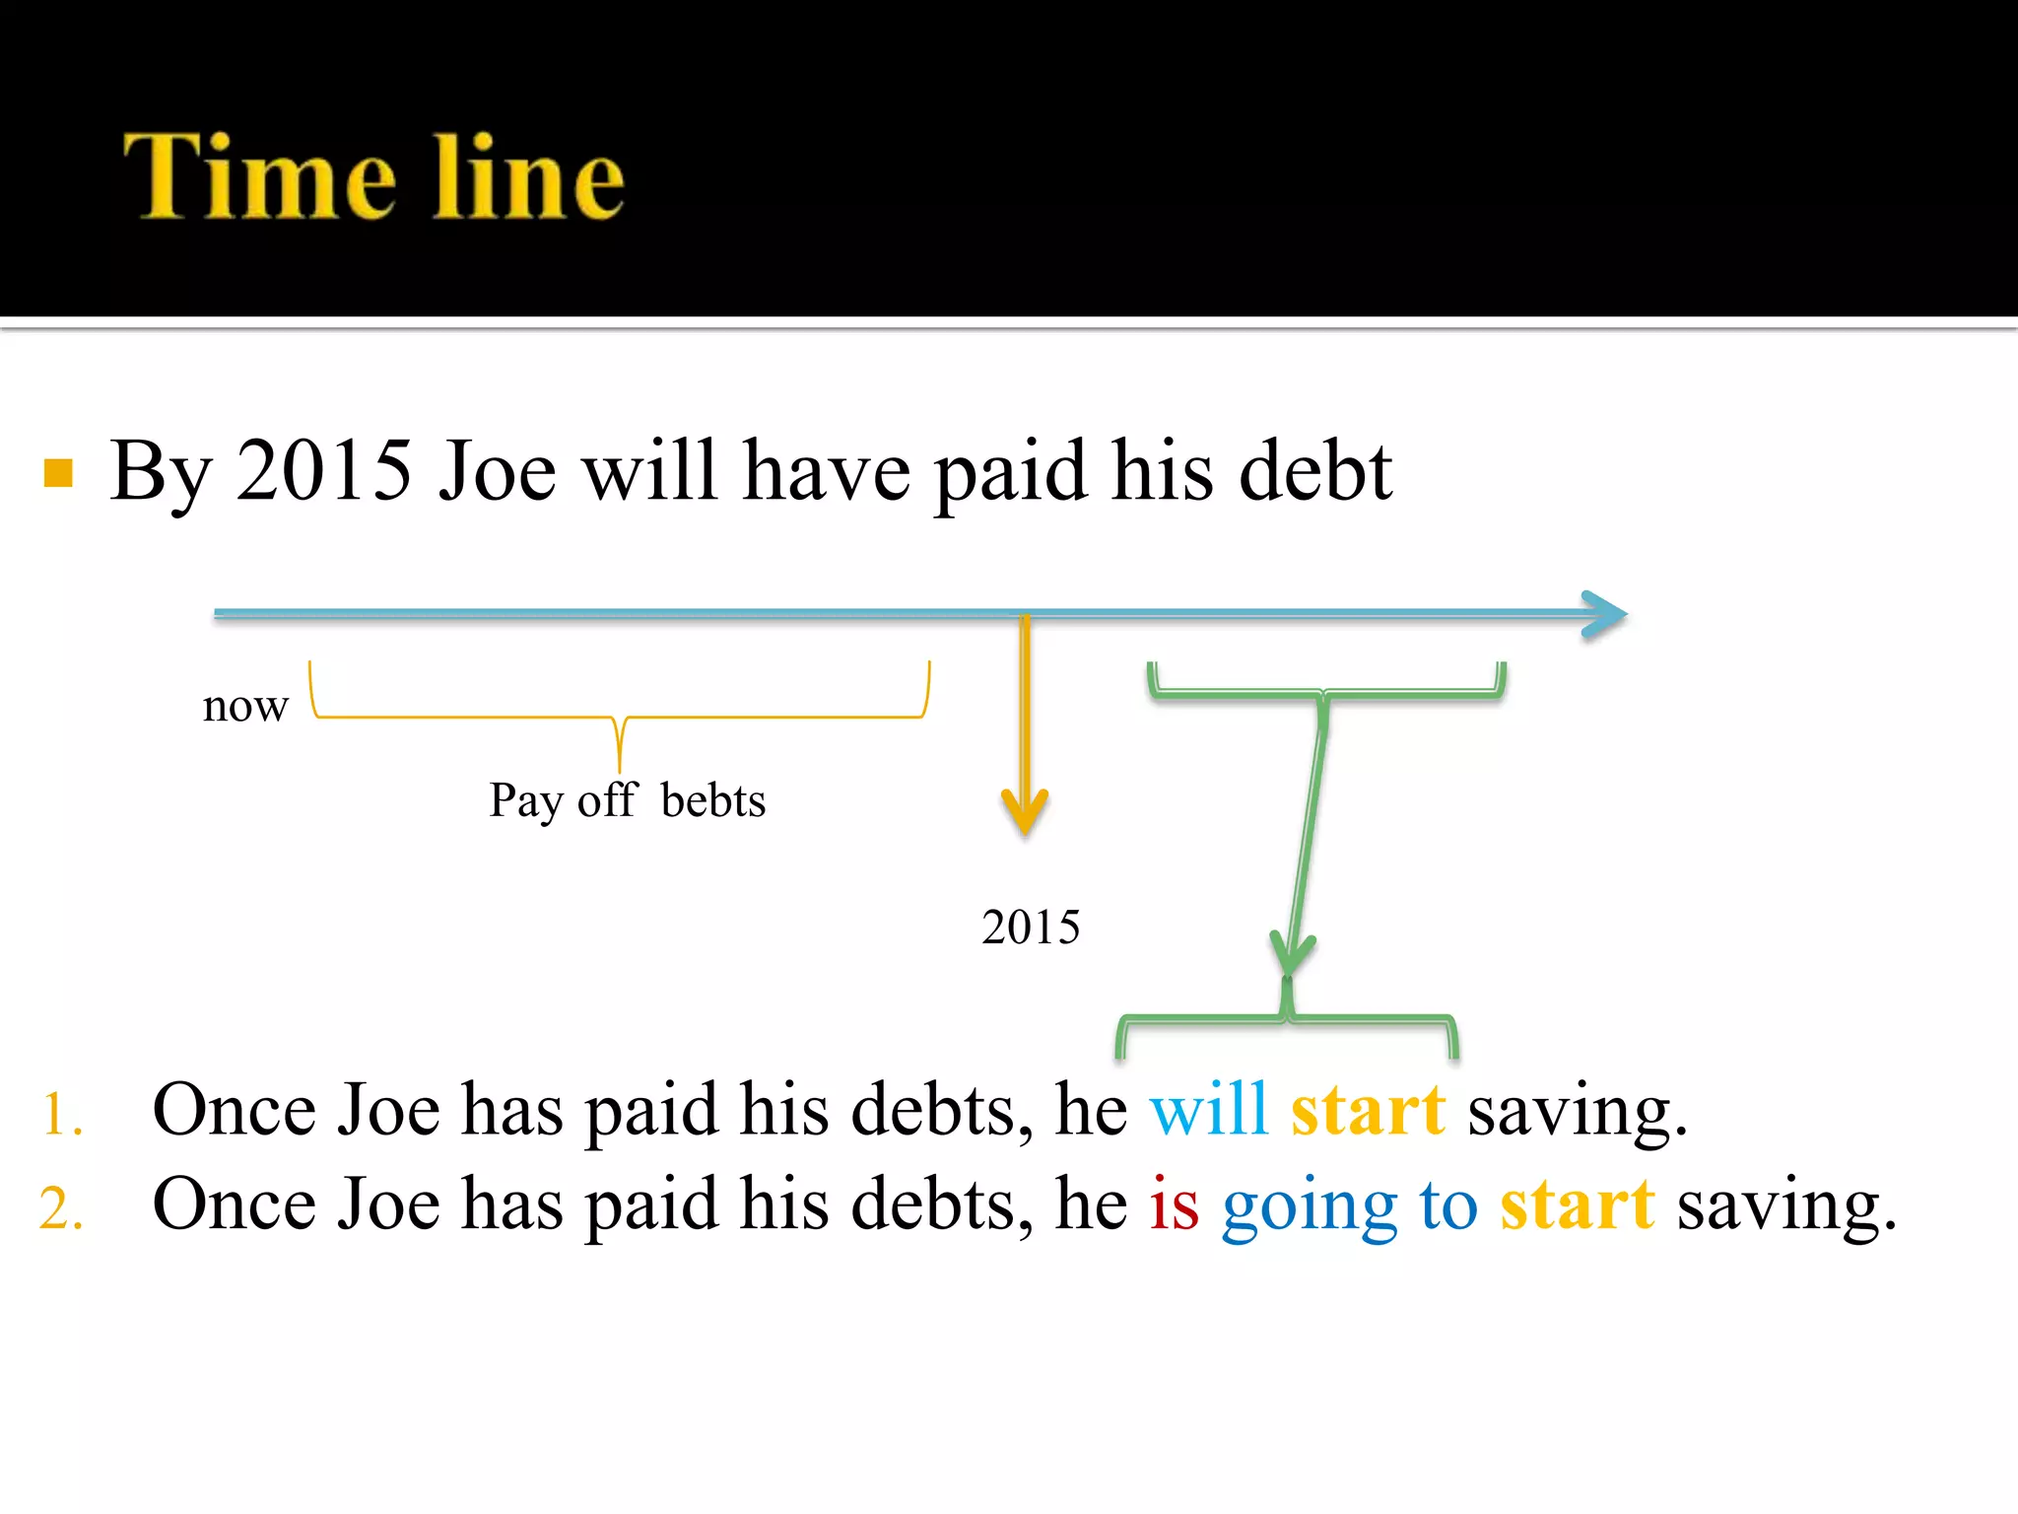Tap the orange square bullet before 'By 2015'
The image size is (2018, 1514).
coord(59,473)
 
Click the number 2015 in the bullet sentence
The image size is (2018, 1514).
coord(323,471)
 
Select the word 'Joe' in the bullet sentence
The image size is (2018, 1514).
coord(498,471)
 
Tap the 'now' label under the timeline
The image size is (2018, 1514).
coord(245,706)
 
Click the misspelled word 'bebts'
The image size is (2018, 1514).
coord(713,800)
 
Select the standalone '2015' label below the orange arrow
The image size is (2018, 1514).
coord(1031,928)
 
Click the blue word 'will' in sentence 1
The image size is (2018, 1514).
coord(1208,1110)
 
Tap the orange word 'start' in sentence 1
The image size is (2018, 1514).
coord(1368,1110)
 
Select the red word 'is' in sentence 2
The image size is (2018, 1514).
coord(1175,1204)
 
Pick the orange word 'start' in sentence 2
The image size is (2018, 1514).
coord(1577,1204)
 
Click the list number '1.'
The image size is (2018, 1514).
coord(61,1115)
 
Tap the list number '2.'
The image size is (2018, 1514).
coord(61,1208)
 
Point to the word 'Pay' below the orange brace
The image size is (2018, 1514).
coord(525,800)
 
